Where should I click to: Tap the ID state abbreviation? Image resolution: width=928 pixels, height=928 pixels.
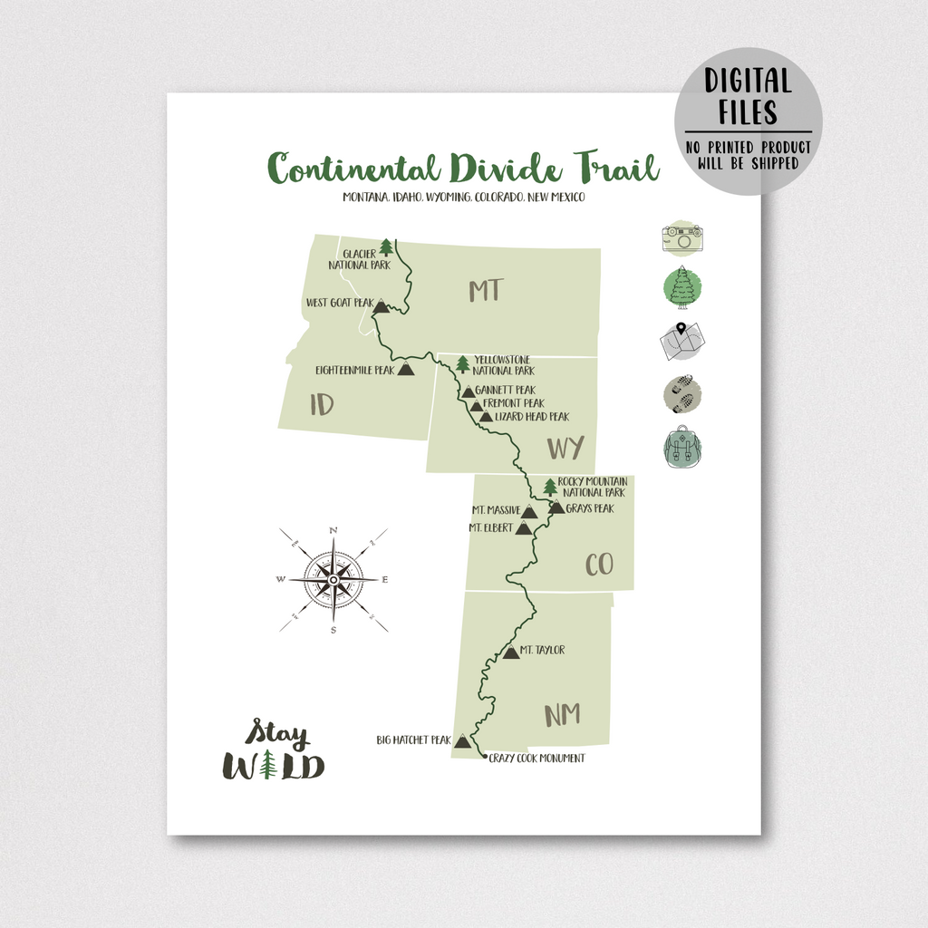(x=322, y=404)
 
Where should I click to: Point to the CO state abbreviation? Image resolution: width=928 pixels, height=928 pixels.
(x=599, y=565)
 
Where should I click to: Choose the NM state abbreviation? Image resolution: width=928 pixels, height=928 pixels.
(x=562, y=714)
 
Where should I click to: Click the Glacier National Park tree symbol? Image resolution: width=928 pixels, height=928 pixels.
(x=387, y=246)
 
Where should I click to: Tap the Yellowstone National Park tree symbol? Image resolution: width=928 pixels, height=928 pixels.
(x=463, y=364)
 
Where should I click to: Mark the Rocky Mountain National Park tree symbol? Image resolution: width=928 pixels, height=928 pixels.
(x=550, y=487)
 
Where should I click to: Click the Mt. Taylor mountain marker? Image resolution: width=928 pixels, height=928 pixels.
(x=511, y=651)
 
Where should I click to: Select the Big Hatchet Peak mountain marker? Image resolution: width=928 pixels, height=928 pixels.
(x=462, y=741)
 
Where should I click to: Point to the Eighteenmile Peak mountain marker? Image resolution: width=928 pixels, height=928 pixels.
(x=405, y=370)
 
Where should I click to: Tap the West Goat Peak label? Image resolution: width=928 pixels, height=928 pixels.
(x=339, y=304)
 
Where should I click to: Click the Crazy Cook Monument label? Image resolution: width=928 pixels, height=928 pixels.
(x=536, y=759)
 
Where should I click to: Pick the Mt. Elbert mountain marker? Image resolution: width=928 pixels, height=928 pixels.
(x=523, y=527)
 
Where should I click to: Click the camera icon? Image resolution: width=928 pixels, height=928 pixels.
(x=682, y=238)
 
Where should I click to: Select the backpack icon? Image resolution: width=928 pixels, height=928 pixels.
(x=682, y=448)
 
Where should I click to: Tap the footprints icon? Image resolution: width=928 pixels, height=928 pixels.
(x=682, y=395)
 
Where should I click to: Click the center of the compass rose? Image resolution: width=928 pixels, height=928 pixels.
(x=333, y=579)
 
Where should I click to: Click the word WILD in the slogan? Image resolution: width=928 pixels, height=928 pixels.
(x=274, y=767)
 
